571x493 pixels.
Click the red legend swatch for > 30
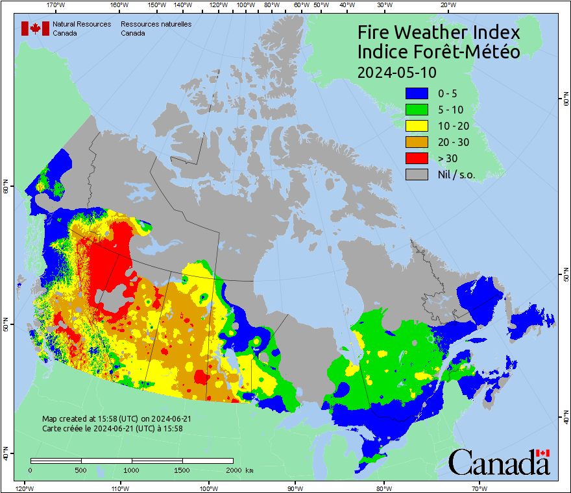(416, 158)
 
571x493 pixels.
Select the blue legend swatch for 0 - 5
(416, 93)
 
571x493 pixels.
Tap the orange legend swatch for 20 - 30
(416, 141)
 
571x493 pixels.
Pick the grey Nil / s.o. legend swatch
(416, 174)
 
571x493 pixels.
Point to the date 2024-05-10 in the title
(396, 71)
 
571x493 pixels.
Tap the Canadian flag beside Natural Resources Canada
(35, 28)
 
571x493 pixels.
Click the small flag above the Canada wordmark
(543, 453)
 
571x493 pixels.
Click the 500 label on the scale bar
(80, 470)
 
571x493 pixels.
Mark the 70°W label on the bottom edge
(478, 487)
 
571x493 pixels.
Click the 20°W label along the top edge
(446, 5)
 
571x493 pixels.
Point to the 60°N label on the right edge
(565, 101)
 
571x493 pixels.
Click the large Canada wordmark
(498, 463)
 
